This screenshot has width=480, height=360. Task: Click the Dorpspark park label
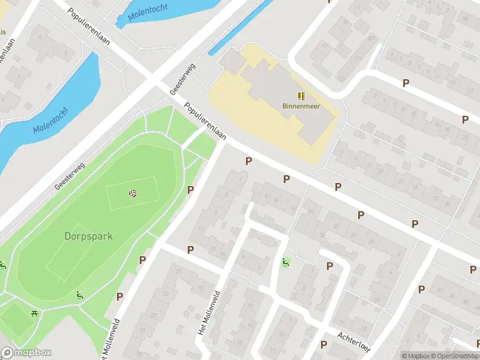(88, 236)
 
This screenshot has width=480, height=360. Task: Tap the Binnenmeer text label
(301, 107)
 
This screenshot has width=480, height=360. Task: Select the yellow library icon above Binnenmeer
(301, 95)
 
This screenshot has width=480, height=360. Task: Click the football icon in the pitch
(132, 194)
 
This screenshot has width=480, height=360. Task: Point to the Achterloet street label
(355, 342)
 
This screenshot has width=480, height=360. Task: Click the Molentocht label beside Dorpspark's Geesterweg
(51, 120)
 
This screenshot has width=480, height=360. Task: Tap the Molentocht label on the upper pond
(148, 10)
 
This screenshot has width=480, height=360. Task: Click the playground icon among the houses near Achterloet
(286, 262)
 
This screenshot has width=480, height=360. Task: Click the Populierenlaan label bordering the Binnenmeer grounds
(205, 121)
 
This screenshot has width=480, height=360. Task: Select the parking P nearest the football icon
(191, 190)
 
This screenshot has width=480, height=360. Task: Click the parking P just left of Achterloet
(323, 344)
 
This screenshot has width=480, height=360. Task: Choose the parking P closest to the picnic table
(119, 296)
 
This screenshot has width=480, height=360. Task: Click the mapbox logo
(26, 353)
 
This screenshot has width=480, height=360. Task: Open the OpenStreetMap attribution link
(455, 356)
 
